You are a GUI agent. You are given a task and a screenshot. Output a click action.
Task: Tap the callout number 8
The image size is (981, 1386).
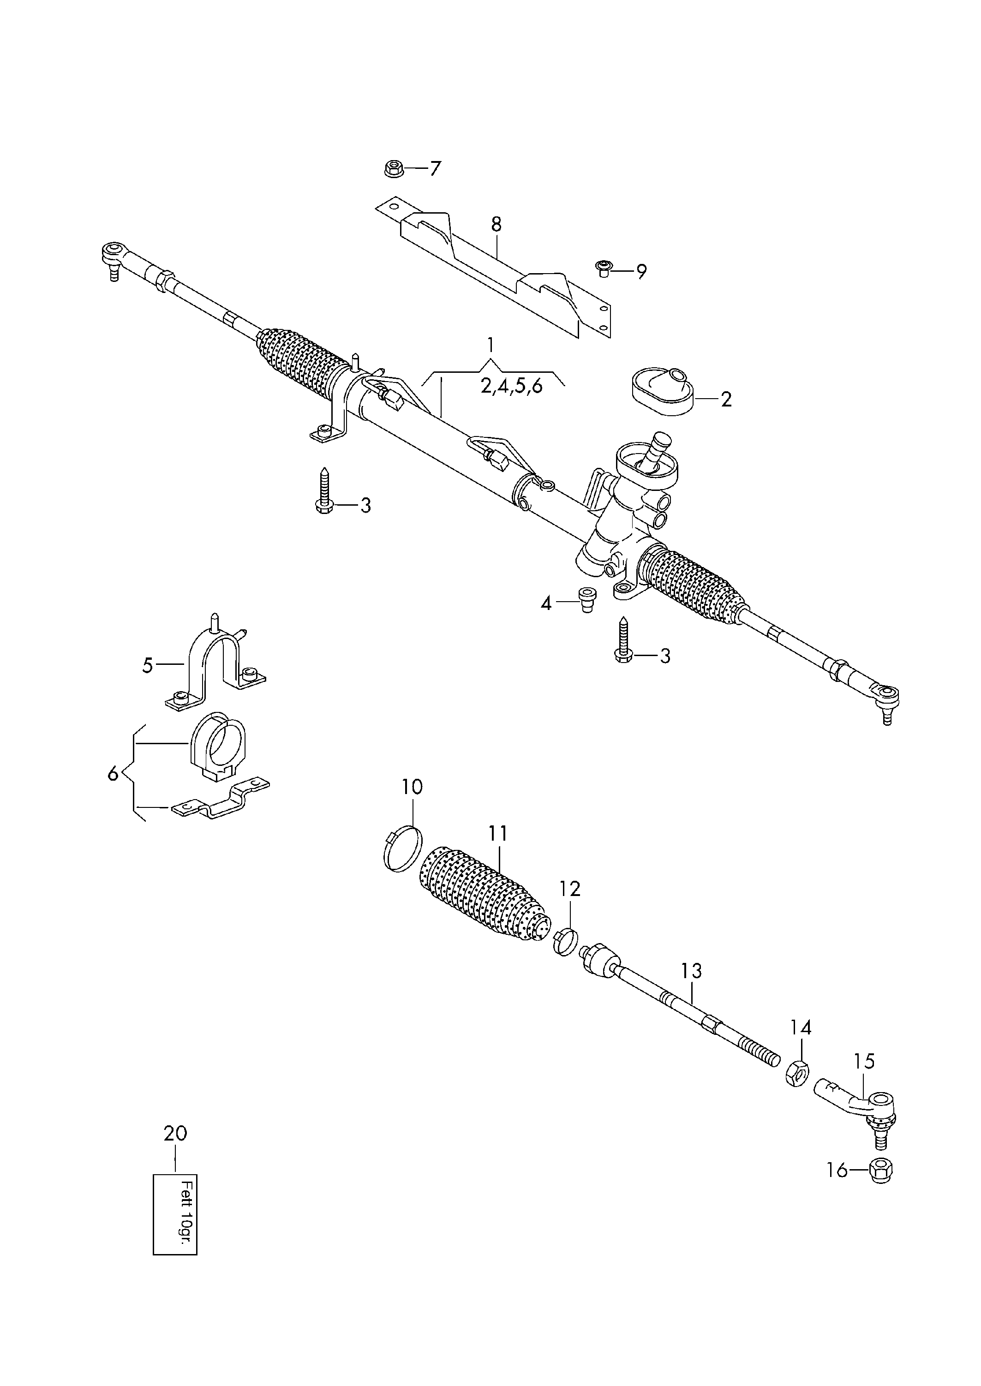pyautogui.click(x=496, y=224)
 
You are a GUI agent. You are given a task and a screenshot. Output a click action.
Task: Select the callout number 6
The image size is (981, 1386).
pyautogui.click(x=113, y=774)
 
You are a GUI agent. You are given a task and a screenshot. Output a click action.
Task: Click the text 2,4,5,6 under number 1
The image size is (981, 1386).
pyautogui.click(x=512, y=387)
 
